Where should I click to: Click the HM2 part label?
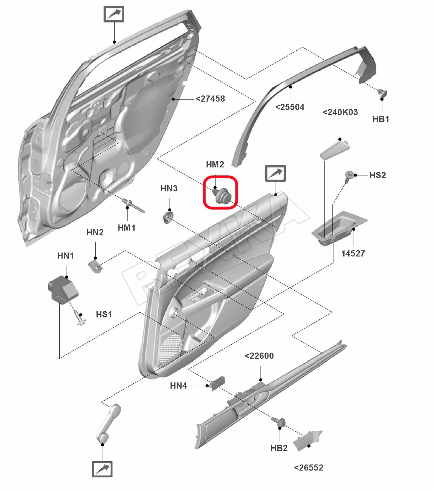pyautogui.click(x=215, y=164)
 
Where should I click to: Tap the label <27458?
pyautogui.click(x=210, y=99)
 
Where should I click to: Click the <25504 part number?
pyautogui.click(x=290, y=107)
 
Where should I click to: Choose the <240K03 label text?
pyautogui.click(x=340, y=112)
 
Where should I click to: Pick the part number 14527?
pyautogui.click(x=353, y=254)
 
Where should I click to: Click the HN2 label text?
pyautogui.click(x=95, y=232)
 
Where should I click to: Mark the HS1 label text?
pyautogui.click(x=104, y=314)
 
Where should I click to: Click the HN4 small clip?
pyautogui.click(x=217, y=383)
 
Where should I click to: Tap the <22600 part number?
pyautogui.click(x=259, y=356)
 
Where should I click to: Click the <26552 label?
pyautogui.click(x=309, y=467)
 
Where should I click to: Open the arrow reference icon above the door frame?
pyautogui.click(x=114, y=14)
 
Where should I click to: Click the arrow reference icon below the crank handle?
pyautogui.click(x=102, y=469)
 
